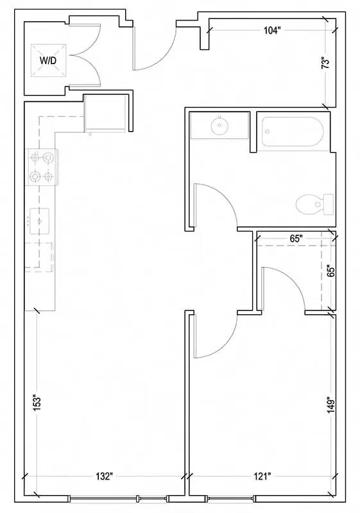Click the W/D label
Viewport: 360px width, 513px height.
(48, 60)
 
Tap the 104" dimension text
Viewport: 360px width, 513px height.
(272, 31)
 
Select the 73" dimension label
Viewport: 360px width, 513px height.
(325, 63)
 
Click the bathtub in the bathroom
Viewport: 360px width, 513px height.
(293, 131)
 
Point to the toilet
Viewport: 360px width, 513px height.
(314, 205)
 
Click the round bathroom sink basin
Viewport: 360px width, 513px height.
(220, 126)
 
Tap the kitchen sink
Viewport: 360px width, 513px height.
(39, 221)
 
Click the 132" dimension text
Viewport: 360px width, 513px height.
(104, 476)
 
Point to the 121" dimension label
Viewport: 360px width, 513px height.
(262, 476)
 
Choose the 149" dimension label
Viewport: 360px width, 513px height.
(331, 406)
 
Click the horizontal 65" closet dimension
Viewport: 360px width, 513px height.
(296, 239)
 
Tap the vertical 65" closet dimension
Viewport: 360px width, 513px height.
(331, 271)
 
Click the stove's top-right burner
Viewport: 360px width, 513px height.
(48, 158)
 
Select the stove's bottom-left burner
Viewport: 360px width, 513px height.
(35, 177)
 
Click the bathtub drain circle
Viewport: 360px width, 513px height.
(268, 131)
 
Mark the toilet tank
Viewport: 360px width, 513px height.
(329, 205)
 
